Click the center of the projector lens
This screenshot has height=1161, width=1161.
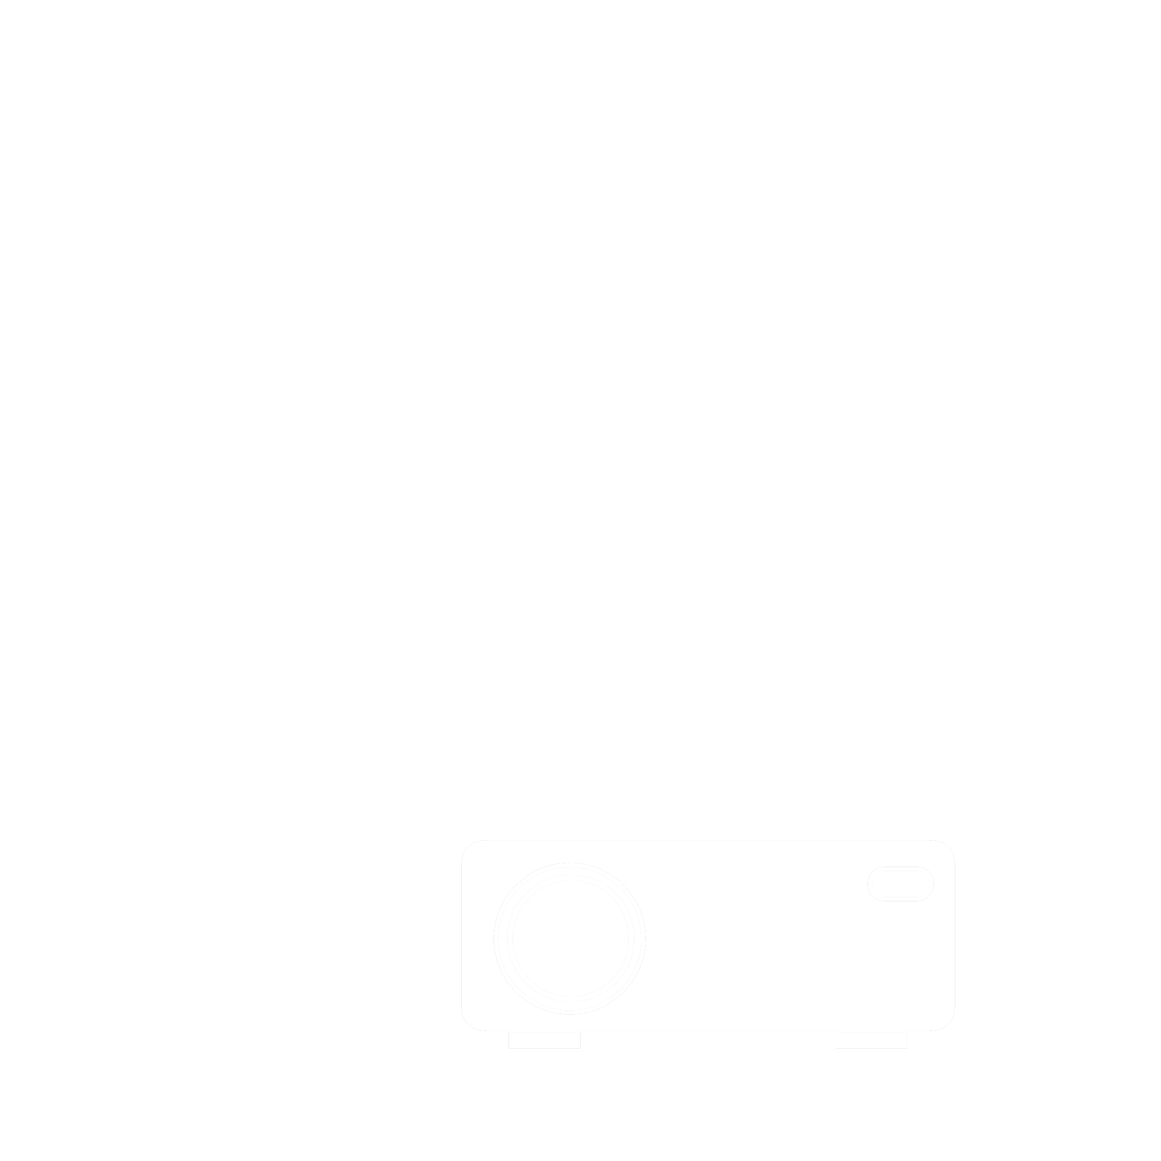click(570, 938)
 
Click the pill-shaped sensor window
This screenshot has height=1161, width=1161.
click(900, 884)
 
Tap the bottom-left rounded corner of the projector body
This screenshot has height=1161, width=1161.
click(468, 1024)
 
